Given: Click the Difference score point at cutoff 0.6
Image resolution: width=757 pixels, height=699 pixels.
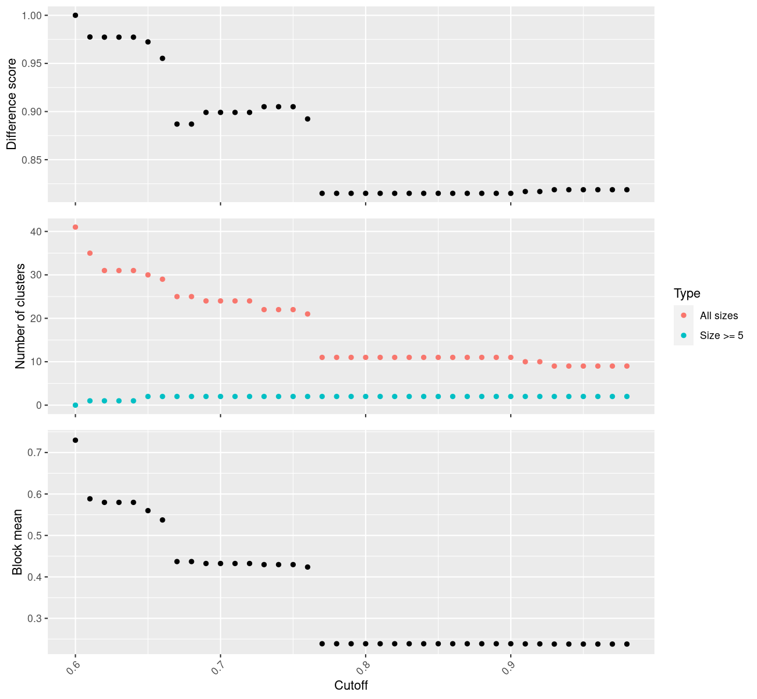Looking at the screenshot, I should point(75,15).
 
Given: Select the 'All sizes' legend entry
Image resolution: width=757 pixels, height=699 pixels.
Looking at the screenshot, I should point(719,316).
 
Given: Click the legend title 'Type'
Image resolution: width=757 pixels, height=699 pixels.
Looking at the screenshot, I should point(687,294).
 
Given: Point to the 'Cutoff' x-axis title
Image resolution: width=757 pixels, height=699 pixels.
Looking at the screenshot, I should point(351,686).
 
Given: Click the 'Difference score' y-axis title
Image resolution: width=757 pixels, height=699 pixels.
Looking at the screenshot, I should point(12,104).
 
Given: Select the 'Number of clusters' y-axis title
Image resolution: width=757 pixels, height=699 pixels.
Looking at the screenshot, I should point(20,316).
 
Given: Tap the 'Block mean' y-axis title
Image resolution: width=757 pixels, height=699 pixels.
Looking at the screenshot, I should point(17,542).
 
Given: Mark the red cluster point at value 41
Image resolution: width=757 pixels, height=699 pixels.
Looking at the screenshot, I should point(75,227).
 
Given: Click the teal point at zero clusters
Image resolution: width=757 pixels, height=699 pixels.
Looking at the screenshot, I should point(75,405).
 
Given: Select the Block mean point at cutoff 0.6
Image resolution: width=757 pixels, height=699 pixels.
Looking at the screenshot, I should point(75,440).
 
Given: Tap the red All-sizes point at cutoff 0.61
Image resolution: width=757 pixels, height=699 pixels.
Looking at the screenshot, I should point(90,253).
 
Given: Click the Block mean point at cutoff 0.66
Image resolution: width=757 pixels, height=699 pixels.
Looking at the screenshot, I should point(162,520).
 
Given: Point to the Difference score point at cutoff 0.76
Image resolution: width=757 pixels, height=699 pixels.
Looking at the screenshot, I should point(307,119).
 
